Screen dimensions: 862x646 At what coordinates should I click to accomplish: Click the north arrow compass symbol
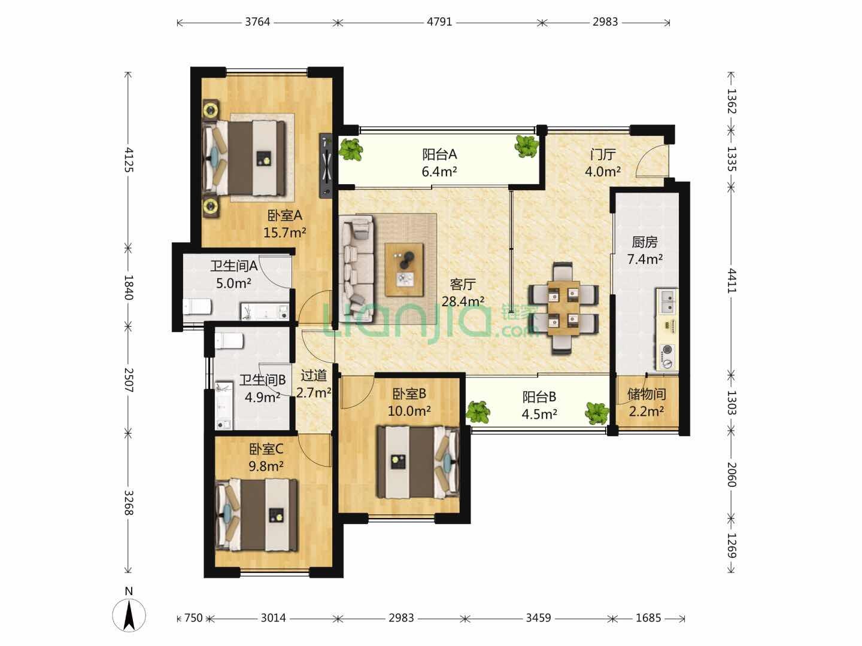coord(129,614)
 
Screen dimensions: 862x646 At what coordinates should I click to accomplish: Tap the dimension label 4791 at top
coord(439,22)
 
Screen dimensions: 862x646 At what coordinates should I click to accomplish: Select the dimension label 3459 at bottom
coord(538,618)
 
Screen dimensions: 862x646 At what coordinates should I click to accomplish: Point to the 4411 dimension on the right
coord(732,281)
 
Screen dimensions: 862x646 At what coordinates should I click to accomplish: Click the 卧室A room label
coord(285,215)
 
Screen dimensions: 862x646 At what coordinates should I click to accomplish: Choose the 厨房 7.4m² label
coord(645,251)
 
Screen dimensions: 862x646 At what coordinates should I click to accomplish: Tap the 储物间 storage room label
coord(646,394)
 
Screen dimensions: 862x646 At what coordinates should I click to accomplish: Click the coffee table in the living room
coord(404,269)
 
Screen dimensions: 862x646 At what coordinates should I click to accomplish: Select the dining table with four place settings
coord(563,308)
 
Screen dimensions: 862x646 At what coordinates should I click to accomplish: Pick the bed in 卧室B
coord(418,462)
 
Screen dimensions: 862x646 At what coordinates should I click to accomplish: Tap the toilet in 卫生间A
coord(197,306)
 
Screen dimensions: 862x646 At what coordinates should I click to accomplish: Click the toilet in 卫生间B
coord(229,341)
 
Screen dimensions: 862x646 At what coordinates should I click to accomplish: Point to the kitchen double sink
coord(667,301)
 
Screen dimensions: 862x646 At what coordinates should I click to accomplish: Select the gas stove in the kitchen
coord(667,356)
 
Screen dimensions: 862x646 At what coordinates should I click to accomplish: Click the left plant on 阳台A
coord(351,149)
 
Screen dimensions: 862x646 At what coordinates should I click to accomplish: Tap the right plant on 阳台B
coord(597,413)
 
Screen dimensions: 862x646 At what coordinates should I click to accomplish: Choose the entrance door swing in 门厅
coord(652,161)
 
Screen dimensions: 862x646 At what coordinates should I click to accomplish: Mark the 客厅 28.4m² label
coord(463,292)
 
